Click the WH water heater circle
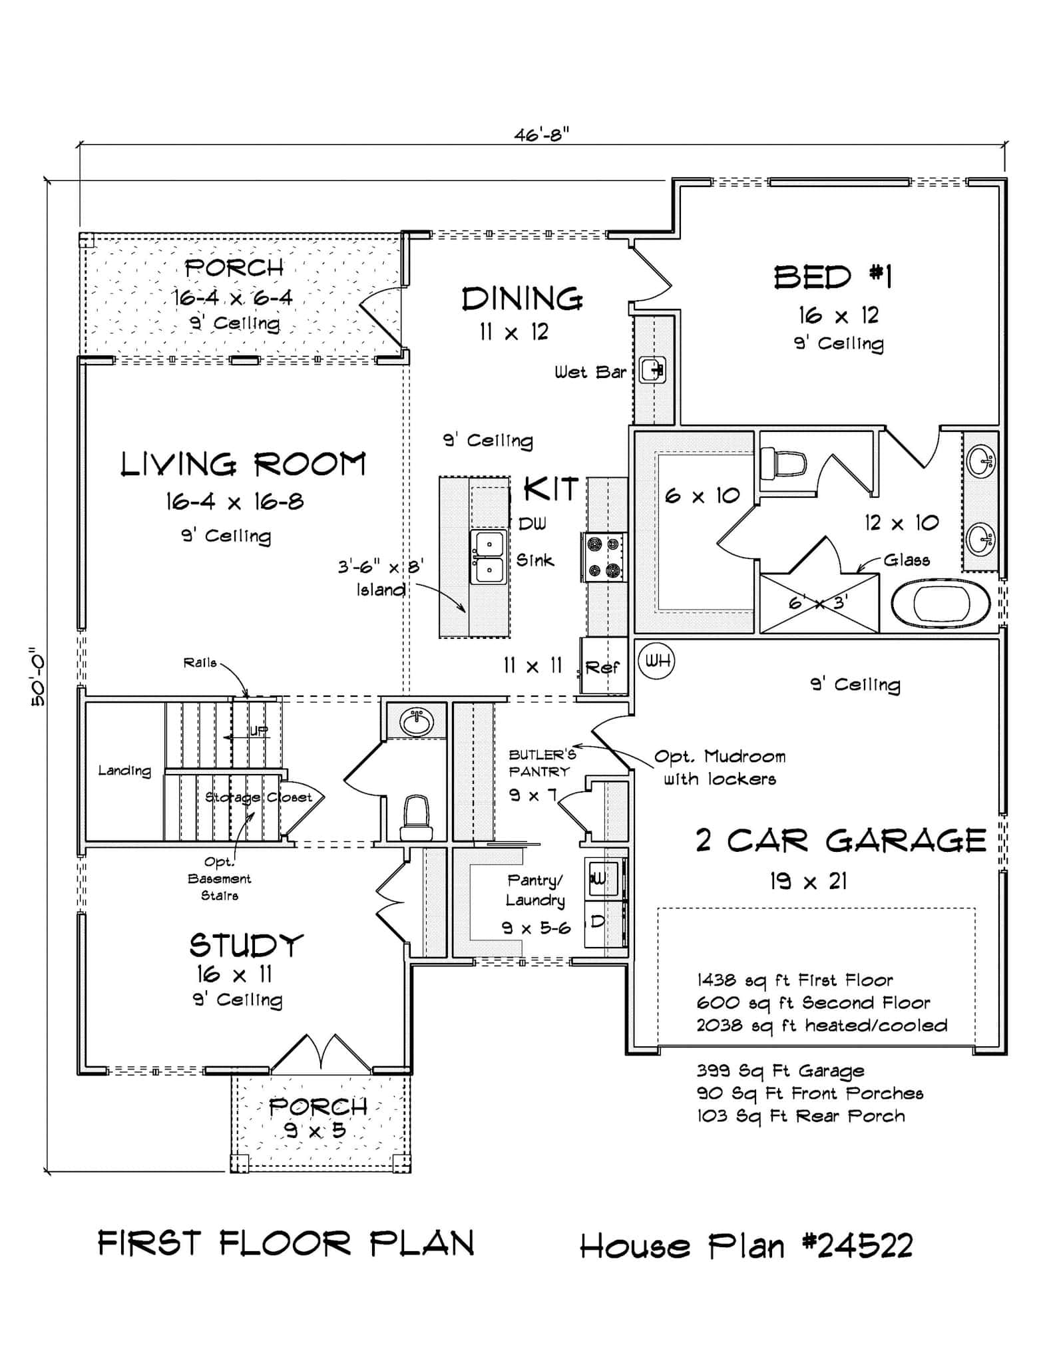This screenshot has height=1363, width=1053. click(656, 661)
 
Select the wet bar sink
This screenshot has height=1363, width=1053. click(652, 369)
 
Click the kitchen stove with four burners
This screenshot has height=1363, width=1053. click(604, 557)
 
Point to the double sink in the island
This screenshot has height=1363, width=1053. click(489, 557)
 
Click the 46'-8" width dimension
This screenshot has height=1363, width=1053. click(540, 135)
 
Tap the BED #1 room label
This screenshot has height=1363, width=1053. click(833, 277)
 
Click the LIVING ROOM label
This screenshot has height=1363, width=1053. click(243, 465)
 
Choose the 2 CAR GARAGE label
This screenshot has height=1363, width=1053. click(840, 841)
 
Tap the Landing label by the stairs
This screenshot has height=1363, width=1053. click(124, 771)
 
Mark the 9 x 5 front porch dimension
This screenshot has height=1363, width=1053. click(316, 1130)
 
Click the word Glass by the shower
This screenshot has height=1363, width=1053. click(906, 560)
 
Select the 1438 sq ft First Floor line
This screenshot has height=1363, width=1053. click(795, 980)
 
